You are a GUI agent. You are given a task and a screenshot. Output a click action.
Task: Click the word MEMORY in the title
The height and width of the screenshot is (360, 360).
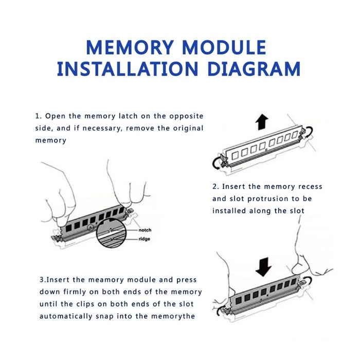pyautogui.click(x=130, y=47)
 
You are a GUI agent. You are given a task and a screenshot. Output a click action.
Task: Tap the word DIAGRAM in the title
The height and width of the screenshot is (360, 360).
pyautogui.click(x=254, y=68)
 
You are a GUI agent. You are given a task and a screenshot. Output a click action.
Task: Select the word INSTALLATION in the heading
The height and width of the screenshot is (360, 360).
pyautogui.click(x=128, y=68)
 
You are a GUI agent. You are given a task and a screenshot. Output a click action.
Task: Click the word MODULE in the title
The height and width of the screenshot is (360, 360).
pyautogui.click(x=224, y=47)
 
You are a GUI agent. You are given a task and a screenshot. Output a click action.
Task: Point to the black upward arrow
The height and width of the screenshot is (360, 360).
pyautogui.click(x=262, y=122)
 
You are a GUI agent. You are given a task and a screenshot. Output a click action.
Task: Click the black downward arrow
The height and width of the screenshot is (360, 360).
pyautogui.click(x=263, y=267)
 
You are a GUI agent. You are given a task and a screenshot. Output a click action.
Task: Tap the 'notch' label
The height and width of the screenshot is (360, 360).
pyautogui.click(x=145, y=230)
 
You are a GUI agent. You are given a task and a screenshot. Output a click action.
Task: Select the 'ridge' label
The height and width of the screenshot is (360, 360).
pyautogui.click(x=144, y=239)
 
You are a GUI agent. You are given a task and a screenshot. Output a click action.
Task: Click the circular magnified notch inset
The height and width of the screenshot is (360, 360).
pyautogui.click(x=112, y=233)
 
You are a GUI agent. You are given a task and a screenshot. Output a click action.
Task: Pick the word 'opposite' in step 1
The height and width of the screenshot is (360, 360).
pyautogui.click(x=186, y=116)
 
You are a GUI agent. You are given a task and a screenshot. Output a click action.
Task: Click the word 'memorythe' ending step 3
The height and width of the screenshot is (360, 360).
pyautogui.click(x=173, y=316)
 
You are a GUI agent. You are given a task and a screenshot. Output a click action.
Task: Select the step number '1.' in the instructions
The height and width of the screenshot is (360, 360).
pyautogui.click(x=39, y=116)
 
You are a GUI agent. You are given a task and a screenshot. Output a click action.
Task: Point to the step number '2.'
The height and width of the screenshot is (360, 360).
pyautogui.click(x=216, y=186)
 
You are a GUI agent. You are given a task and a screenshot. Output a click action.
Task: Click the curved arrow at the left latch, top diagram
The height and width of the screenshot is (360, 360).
pyautogui.click(x=216, y=163)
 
